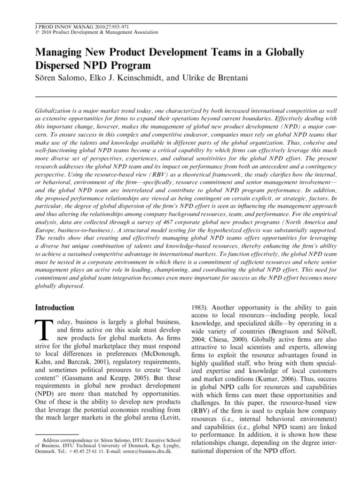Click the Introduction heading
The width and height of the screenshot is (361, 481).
click(x=55, y=308)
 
